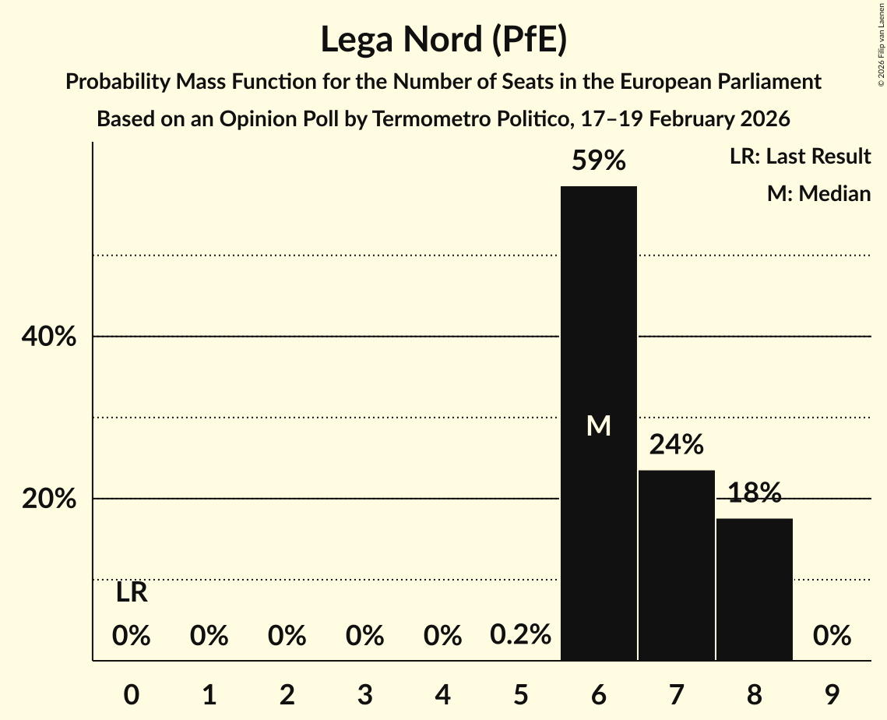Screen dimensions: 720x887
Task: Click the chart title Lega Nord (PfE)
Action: tap(443, 40)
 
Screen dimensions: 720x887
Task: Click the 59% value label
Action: tap(599, 161)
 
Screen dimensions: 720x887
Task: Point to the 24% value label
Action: tap(676, 445)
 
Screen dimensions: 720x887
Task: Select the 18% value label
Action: tap(754, 492)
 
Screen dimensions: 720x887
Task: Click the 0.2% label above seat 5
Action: tap(520, 636)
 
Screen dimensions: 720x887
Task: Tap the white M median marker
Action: tap(599, 425)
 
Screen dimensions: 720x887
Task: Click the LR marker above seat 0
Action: tap(132, 593)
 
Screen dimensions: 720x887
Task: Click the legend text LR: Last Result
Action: tap(800, 157)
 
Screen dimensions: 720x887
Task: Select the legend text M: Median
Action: tap(818, 193)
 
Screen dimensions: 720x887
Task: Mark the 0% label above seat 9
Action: tap(832, 637)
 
